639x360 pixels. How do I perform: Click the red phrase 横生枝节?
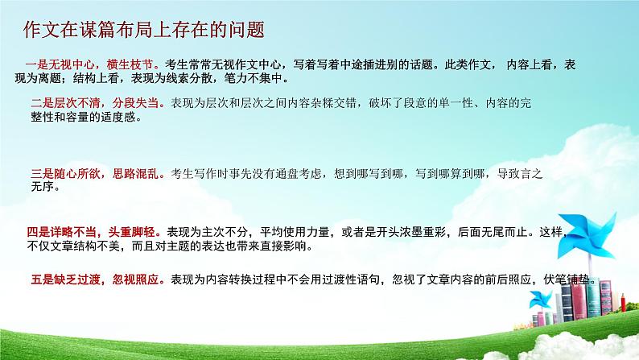(x=137, y=64)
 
